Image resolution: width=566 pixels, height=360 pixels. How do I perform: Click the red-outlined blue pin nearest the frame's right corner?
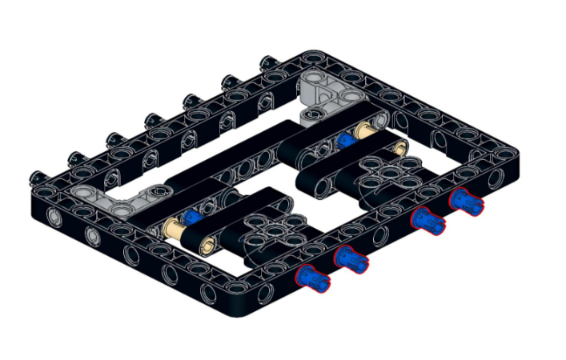click(466, 201)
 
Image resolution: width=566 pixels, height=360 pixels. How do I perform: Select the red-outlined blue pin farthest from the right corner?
click(313, 277)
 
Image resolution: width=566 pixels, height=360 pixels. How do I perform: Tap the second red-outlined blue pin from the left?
click(351, 258)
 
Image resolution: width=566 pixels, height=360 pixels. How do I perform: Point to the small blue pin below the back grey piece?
click(346, 140)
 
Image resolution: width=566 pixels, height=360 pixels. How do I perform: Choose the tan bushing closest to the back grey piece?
click(365, 130)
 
